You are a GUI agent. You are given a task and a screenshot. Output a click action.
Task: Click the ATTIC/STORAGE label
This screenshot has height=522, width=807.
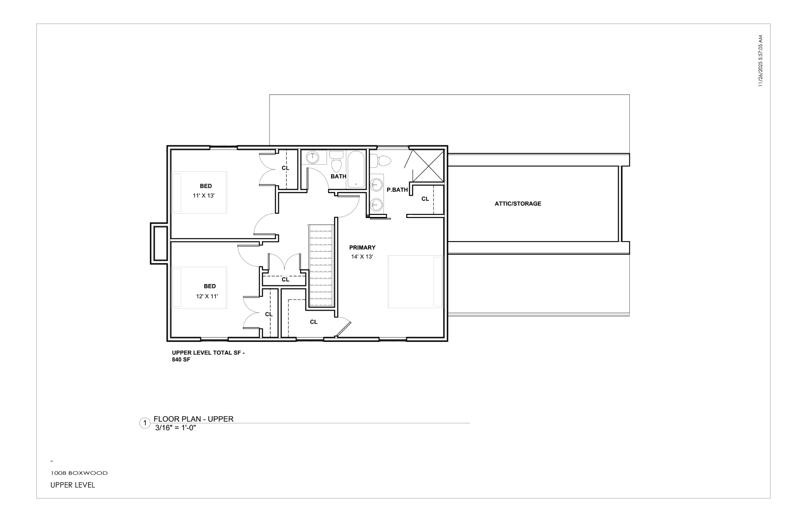point(518,204)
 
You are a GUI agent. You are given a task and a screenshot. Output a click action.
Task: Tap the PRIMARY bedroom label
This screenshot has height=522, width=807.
point(362,247)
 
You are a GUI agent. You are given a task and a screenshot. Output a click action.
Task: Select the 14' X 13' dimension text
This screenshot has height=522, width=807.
point(362,257)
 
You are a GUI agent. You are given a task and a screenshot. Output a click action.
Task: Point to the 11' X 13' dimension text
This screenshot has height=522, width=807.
point(203,195)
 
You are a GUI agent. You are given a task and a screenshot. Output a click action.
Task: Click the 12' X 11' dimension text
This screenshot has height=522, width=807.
point(207,296)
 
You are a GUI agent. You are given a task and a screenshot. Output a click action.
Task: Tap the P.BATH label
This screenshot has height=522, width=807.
point(397,190)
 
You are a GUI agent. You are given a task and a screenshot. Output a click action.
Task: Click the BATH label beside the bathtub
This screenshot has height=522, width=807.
point(338,176)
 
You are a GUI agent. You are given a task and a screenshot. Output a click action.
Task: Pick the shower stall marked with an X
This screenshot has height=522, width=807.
point(428,165)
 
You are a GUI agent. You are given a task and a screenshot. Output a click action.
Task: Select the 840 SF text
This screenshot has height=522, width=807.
point(181,360)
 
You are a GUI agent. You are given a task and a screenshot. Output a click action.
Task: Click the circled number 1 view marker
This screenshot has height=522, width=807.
point(145,423)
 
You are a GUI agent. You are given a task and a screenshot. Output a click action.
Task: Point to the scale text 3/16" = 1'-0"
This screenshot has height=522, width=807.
point(175,428)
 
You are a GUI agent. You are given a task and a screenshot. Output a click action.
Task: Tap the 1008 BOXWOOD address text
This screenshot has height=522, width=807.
point(79,473)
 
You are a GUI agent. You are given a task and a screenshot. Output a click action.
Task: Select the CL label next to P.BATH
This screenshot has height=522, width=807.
point(425,199)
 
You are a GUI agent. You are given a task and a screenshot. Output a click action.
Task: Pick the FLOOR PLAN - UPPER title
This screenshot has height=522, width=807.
point(193,419)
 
